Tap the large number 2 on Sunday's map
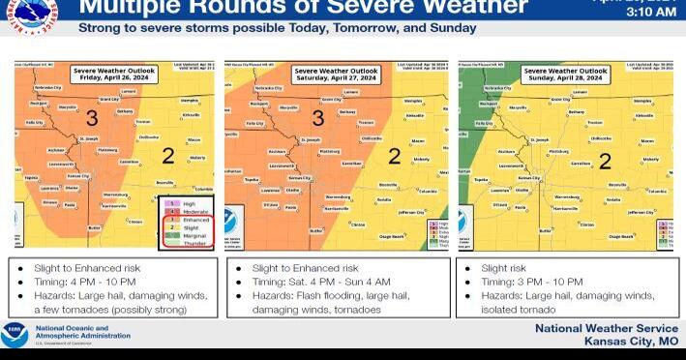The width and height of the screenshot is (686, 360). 605,161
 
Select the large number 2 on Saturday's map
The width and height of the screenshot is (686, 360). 394,155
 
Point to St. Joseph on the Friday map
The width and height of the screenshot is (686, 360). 88,139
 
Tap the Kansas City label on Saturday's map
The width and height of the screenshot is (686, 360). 298,178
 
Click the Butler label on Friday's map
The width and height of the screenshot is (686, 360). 95,228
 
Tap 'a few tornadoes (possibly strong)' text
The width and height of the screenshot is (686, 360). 104,310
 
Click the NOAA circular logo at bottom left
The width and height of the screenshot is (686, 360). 15,335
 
